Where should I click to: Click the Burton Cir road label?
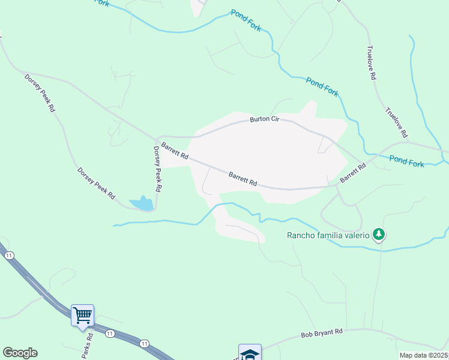pos(265,120)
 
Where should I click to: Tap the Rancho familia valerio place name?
pos(327,235)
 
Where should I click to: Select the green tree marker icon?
pos(379,234)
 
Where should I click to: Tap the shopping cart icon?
pos(82,314)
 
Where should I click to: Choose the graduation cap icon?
pos(250,353)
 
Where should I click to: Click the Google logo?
pos(20,353)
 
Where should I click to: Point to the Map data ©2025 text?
pos(423,355)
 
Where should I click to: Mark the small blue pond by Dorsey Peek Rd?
pos(141,204)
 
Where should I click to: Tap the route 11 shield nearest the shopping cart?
pos(109,333)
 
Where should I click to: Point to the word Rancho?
pos(298,235)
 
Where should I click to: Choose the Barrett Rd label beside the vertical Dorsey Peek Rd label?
pos(175,151)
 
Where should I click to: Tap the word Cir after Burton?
pos(275,120)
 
